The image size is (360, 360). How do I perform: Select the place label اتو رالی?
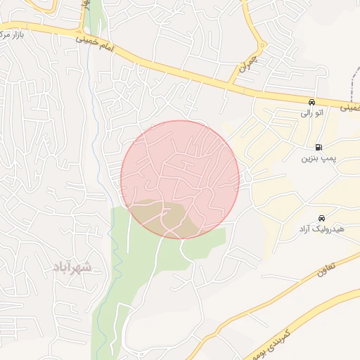(311, 112)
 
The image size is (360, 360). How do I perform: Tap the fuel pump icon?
(320, 148)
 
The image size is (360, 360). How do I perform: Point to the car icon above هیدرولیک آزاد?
(321, 217)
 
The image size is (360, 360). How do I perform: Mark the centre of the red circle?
(180, 179)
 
